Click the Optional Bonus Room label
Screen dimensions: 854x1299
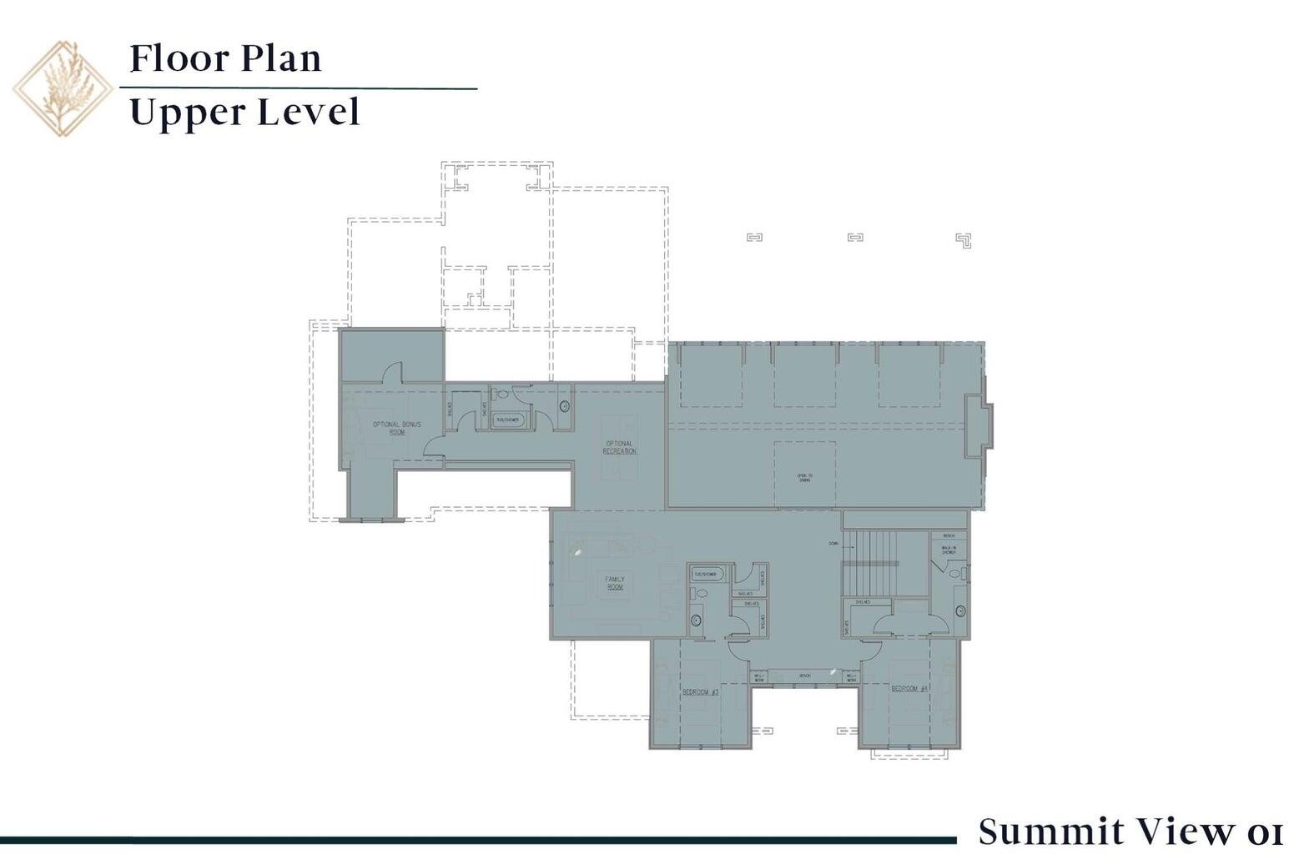396,429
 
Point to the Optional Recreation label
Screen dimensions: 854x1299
619,447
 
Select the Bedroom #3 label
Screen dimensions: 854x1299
700,692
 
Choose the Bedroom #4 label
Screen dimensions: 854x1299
909,689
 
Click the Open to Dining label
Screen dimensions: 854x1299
804,479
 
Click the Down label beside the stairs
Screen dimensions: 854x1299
833,544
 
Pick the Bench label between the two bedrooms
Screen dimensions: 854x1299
804,676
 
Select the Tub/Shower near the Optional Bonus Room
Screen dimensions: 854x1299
507,419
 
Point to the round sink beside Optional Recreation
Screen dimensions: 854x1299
564,407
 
